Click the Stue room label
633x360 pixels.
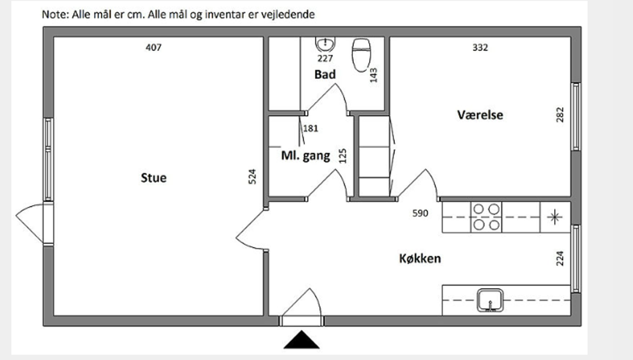tap(153, 178)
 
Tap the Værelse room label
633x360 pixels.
tap(480, 115)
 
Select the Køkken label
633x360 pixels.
tap(420, 258)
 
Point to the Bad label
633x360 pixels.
tap(325, 75)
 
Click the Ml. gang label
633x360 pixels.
tap(305, 156)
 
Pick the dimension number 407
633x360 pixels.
tap(154, 48)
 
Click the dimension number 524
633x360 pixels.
tap(252, 177)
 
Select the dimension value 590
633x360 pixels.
tap(420, 213)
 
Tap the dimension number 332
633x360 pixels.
tap(480, 48)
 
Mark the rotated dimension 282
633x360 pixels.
tap(560, 114)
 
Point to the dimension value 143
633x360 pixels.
tap(374, 75)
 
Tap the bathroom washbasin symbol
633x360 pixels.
tap(325, 43)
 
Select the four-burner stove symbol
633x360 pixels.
tap(486, 217)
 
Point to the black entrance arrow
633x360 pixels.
tap(302, 340)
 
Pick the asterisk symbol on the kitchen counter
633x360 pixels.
tap(554, 217)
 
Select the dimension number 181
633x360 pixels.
tap(311, 129)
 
